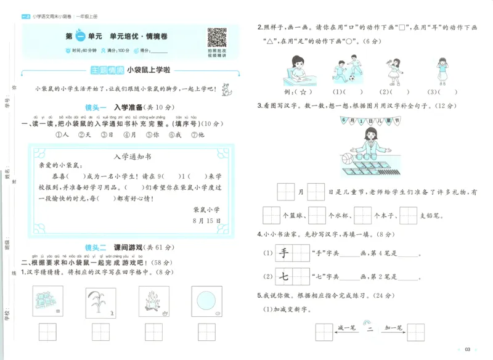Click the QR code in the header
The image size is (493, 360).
click(x=216, y=37)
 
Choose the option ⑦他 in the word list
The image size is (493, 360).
click(x=198, y=134)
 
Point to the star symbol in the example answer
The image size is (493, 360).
click(x=304, y=92)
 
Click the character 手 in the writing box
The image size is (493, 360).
click(x=284, y=253)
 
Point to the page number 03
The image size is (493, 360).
click(x=468, y=350)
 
